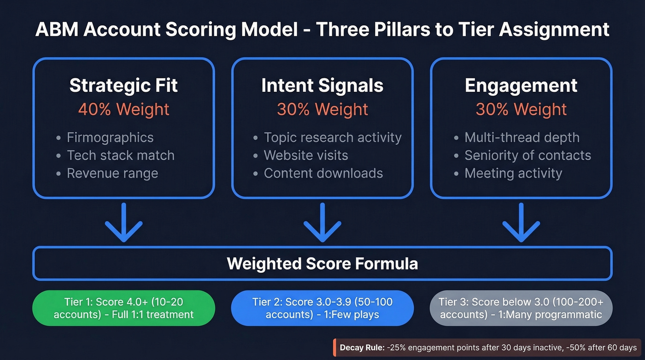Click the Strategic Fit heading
tap(123, 86)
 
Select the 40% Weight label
tap(123, 110)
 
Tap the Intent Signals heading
tap(322, 86)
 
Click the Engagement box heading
tap(521, 86)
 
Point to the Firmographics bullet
tap(110, 137)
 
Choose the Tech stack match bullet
tap(121, 155)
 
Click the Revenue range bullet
tap(112, 173)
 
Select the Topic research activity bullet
tap(333, 137)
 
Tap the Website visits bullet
tap(306, 155)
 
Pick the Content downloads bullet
tap(323, 173)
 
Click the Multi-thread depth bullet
tap(522, 137)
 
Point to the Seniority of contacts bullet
tap(528, 155)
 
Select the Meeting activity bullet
tap(513, 173)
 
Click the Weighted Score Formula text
tap(322, 264)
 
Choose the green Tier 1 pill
tap(123, 308)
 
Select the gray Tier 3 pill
tap(521, 308)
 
